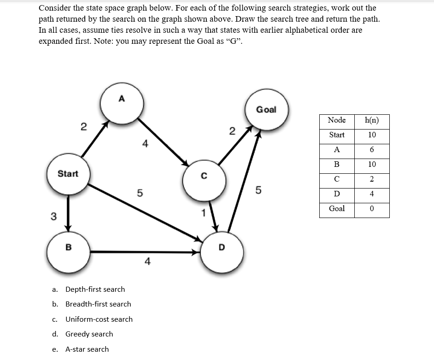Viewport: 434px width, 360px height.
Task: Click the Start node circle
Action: coord(68,174)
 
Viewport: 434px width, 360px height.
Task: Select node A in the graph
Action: coord(122,103)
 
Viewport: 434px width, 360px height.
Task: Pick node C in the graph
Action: coord(204,180)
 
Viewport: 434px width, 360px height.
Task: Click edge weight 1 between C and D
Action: coord(202,213)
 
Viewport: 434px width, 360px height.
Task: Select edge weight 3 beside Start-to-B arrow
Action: coord(53,217)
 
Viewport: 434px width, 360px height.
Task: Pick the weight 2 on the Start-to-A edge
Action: coord(83,127)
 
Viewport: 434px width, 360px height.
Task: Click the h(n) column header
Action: coord(372,120)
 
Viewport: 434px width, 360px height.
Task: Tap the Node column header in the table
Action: coord(337,120)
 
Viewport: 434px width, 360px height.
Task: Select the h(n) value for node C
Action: coord(372,179)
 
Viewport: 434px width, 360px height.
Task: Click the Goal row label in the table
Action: coord(337,208)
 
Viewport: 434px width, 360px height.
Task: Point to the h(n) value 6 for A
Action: coord(372,149)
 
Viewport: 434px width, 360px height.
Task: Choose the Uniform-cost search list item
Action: coord(99,319)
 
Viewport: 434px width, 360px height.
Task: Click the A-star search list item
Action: coord(87,349)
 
